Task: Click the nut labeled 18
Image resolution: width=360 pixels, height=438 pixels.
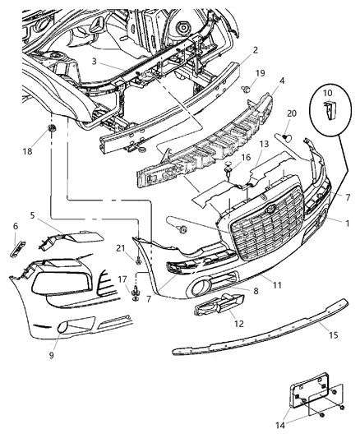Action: (x=51, y=131)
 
